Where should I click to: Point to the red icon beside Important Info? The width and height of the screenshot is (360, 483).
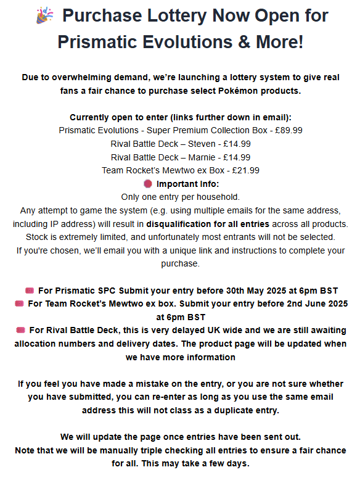point(147,184)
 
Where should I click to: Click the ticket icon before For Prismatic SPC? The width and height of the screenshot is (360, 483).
point(30,290)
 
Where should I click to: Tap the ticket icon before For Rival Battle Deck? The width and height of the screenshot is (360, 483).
point(20,330)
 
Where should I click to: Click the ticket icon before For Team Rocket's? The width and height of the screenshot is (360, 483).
point(19,303)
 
